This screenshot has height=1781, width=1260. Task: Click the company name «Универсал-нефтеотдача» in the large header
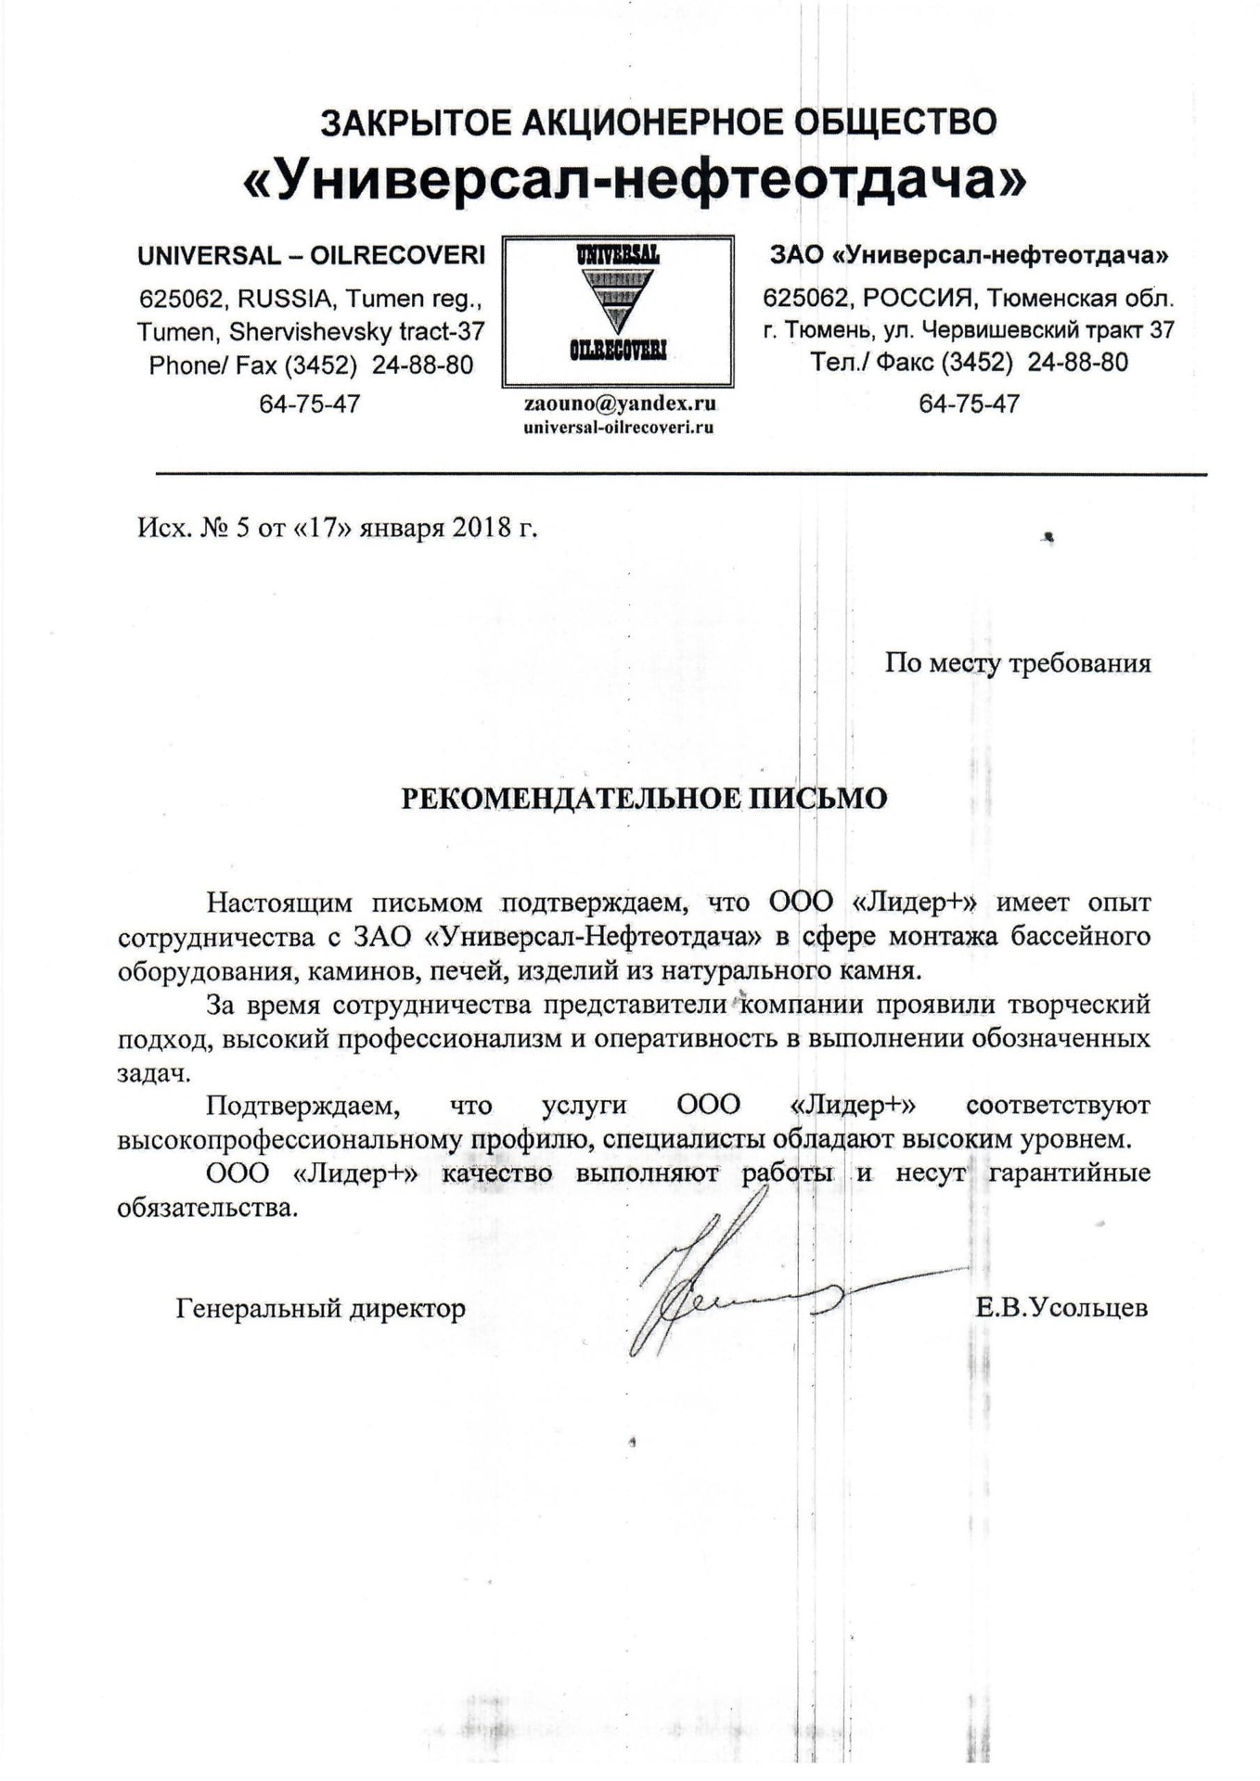635,178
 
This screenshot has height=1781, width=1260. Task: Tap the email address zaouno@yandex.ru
620,404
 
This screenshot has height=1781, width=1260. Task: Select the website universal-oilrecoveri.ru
619,428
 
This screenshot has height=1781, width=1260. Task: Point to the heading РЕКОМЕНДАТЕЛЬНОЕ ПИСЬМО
644,798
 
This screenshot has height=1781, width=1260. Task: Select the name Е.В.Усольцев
1061,1308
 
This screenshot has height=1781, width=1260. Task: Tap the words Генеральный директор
320,1308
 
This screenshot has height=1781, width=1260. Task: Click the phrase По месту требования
1018,663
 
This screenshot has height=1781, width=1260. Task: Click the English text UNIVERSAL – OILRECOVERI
311,255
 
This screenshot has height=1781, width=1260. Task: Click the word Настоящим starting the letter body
279,902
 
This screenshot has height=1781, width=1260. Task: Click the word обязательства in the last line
207,1209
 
